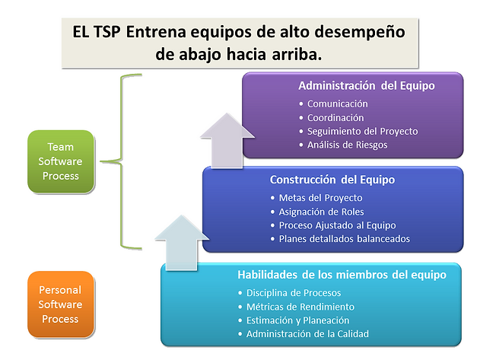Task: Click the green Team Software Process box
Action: coord(61,161)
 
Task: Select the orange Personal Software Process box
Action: coord(61,304)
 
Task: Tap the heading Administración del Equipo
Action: coord(367,86)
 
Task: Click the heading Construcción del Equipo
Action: coord(332,180)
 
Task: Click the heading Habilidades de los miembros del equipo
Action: coord(342,275)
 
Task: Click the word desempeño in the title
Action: coord(360,32)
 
